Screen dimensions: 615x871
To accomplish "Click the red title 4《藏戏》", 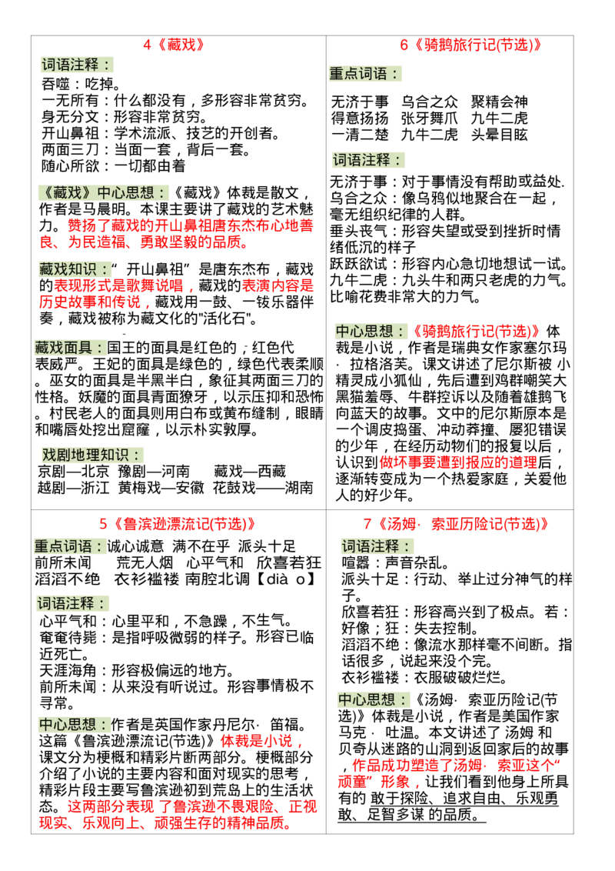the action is pos(174,45).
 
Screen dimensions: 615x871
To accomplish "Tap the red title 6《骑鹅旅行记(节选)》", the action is pos(470,45).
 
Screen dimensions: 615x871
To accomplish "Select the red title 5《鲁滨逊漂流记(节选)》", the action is pos(178,524).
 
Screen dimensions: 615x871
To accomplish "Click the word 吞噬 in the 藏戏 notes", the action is pos(55,84).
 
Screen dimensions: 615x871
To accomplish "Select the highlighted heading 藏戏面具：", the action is pos(70,348).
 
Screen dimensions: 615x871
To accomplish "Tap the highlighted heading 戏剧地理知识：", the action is pos(91,455).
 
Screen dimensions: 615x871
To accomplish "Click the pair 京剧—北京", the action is pos(73,472).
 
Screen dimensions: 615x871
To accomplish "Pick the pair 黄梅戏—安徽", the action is pos(161,488).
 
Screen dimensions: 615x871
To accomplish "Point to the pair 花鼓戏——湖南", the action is pos(263,488).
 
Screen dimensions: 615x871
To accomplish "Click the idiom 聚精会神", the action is pos(499,102).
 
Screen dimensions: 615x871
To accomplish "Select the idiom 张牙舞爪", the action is pos(429,118).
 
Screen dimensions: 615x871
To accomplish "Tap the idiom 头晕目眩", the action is pos(499,135).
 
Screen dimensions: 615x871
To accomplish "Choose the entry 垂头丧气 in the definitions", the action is pos(358,231).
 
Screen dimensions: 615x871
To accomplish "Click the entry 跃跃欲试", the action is pos(358,264).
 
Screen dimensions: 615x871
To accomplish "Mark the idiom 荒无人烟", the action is pos(145,562).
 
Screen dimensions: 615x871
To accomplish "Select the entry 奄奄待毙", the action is pos(68,638).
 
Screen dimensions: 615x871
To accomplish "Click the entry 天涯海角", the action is pos(68,670).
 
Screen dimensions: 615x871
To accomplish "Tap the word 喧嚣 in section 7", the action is pos(356,562).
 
